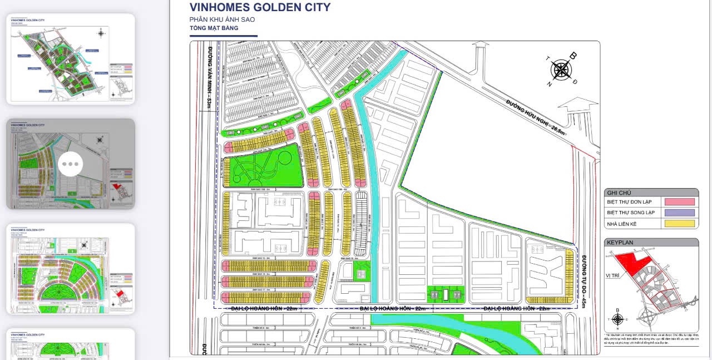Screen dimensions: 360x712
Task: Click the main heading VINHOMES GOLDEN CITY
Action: (x=260, y=7)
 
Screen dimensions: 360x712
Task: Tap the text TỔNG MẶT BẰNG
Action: (x=214, y=28)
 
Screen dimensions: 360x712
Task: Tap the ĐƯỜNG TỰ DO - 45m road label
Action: (x=585, y=282)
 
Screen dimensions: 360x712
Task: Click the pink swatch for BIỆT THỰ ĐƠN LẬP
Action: (x=679, y=202)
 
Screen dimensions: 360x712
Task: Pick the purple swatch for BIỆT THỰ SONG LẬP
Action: (x=679, y=213)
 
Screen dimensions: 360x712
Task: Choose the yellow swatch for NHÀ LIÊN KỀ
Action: (x=679, y=224)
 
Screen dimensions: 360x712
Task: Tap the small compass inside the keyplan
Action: (x=617, y=319)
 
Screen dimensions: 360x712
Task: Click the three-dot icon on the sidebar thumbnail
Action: (x=71, y=164)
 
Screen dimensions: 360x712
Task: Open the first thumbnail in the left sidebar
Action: (x=71, y=58)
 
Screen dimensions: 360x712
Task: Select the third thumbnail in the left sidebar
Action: (x=71, y=269)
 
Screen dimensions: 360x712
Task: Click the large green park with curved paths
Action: (x=264, y=165)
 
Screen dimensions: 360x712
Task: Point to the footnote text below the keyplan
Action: (x=651, y=341)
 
